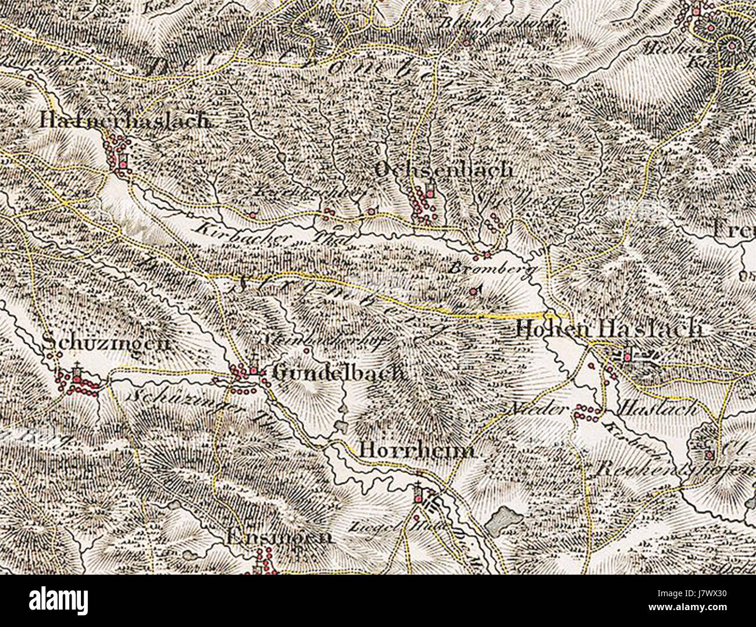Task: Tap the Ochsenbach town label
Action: [444, 170]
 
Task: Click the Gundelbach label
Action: [338, 372]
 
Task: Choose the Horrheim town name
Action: [417, 450]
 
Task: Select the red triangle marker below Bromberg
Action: [475, 290]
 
